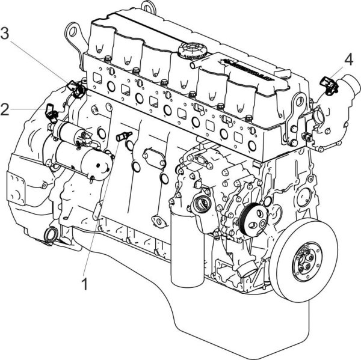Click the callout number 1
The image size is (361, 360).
coord(84,282)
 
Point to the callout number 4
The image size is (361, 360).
coord(349,59)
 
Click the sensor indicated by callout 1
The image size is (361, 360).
coord(125,136)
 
